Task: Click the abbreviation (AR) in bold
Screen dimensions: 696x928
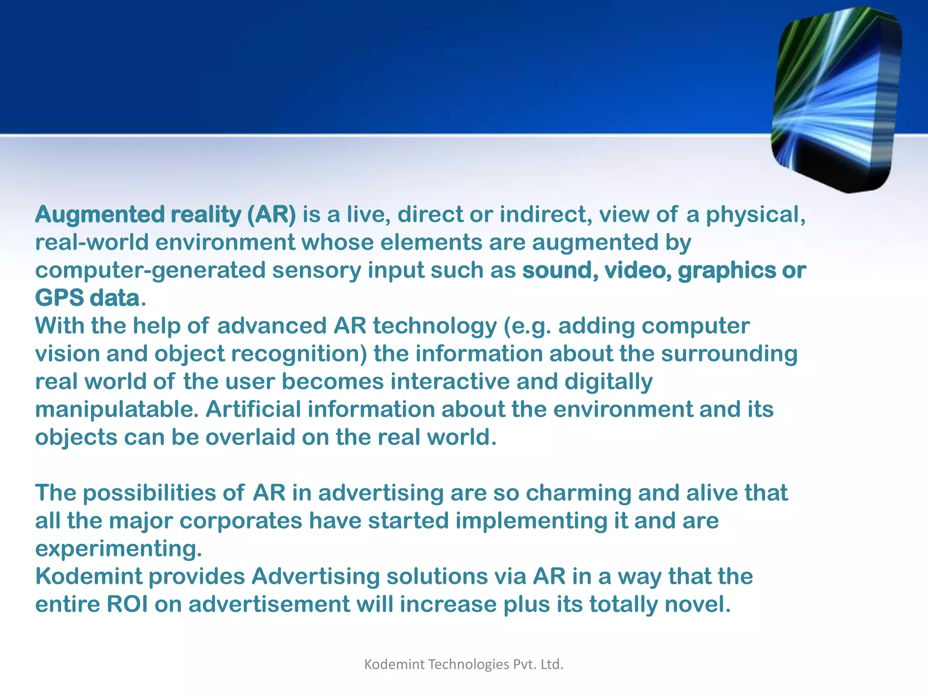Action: [271, 215]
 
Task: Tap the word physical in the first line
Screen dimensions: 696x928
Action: [755, 215]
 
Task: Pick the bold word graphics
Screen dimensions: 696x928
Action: [727, 271]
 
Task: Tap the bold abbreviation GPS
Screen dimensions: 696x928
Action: [59, 298]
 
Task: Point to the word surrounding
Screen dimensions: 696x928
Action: [729, 354]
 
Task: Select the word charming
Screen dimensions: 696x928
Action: [578, 493]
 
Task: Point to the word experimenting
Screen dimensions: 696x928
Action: [118, 549]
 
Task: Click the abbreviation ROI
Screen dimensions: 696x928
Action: [127, 604]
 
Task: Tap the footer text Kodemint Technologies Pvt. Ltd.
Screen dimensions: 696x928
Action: [464, 664]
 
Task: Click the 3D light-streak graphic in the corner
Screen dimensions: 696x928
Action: [836, 100]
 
